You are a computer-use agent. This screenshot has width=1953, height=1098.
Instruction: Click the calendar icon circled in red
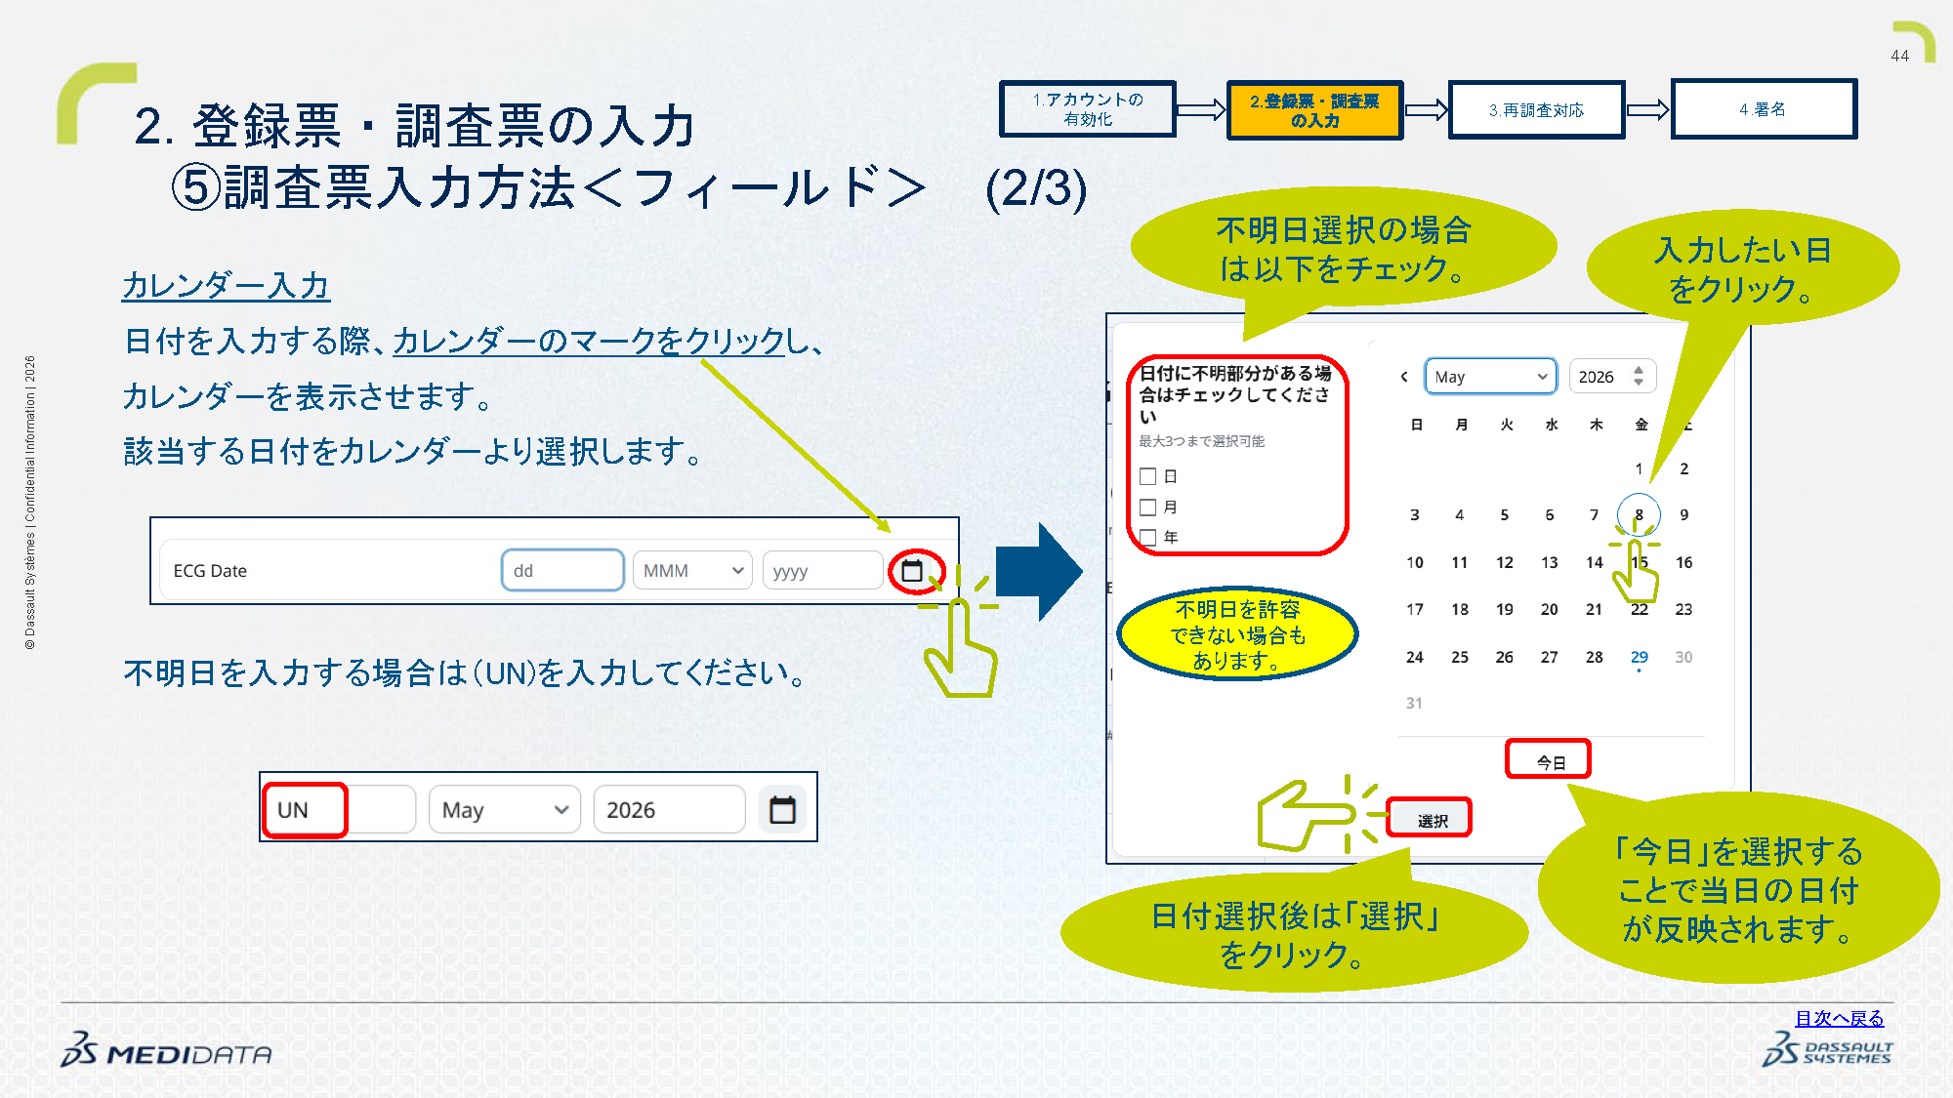coord(912,571)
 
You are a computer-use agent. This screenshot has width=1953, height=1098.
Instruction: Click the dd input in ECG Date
coord(562,571)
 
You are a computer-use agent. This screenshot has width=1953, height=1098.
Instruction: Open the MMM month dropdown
coord(692,571)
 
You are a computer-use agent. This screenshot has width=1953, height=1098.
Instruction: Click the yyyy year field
coord(822,571)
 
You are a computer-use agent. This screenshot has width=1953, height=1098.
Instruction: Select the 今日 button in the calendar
coord(1549,760)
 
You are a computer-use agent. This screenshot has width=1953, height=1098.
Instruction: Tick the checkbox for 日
coord(1148,476)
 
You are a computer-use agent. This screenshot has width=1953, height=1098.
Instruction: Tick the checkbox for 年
coord(1148,538)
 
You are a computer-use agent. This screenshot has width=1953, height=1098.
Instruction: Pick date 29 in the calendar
coord(1640,657)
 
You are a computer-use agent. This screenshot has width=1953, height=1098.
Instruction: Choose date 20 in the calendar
coord(1550,609)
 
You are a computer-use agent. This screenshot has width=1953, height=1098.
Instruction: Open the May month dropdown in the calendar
coord(1490,377)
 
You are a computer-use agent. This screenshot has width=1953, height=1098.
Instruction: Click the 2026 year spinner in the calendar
coord(1611,377)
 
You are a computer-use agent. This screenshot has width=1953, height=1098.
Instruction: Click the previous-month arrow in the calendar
coord(1404,377)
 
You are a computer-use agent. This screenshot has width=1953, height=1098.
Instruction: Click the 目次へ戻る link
coord(1840,1018)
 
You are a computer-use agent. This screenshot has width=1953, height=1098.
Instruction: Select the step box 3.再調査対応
coord(1537,109)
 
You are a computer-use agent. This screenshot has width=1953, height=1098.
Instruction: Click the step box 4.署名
coord(1764,109)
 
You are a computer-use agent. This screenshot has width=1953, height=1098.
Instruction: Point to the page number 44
coord(1900,56)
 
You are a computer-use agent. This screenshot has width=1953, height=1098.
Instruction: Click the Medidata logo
coord(166,1050)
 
